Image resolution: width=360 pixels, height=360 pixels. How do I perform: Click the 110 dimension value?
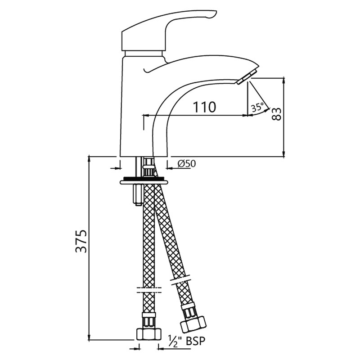pos(204,107)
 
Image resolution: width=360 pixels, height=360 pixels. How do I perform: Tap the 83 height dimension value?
pos(276,114)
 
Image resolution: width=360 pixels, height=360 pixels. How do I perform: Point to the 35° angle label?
pos(257,108)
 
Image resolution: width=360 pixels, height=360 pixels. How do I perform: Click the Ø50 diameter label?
pos(187,163)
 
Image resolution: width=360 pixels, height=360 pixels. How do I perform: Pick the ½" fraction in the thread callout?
pos(175,341)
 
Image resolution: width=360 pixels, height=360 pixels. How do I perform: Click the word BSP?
pos(195,341)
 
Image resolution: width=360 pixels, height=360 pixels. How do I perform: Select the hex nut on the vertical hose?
pos(148,335)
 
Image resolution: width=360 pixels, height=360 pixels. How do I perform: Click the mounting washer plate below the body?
pos(144,182)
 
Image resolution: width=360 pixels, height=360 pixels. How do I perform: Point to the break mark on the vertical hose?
pos(149,290)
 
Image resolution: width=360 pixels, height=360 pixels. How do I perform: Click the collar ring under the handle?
pos(144,54)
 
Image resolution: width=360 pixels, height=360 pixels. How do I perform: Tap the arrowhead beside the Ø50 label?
pos(171,168)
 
